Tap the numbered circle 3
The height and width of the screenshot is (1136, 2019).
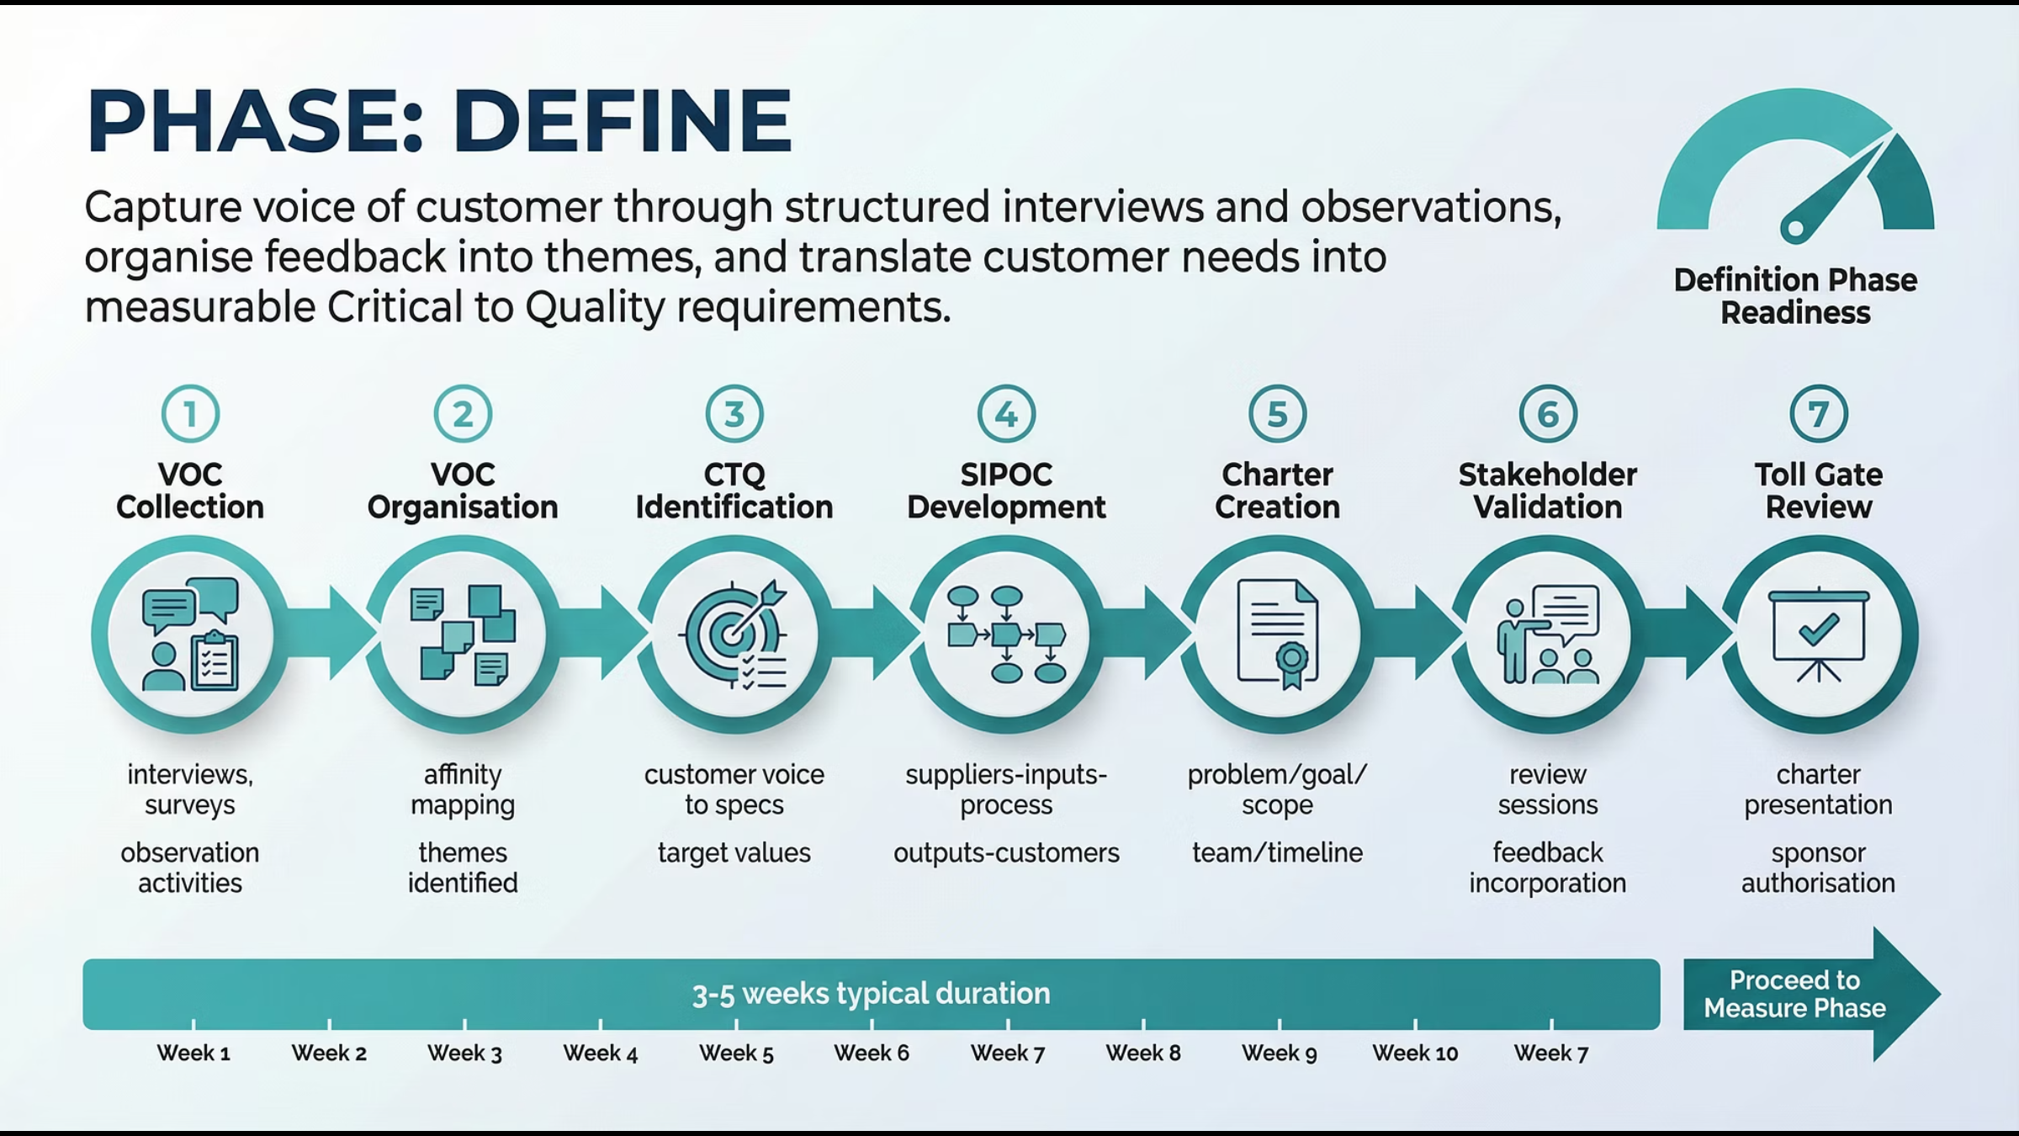click(734, 414)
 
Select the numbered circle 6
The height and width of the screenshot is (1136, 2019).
click(1548, 414)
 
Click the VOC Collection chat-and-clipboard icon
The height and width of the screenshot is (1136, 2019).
click(191, 634)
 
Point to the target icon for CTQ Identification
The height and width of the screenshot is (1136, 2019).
click(734, 634)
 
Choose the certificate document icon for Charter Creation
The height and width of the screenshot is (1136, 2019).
click(1277, 634)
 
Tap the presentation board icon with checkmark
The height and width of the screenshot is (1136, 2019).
click(1819, 634)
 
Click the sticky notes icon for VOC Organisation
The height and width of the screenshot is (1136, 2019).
click(463, 634)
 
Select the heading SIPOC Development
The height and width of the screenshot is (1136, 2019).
click(1006, 491)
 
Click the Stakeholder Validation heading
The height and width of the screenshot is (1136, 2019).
click(1548, 491)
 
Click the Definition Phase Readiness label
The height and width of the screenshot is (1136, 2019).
click(1795, 296)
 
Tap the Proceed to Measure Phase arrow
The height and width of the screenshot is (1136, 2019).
click(1809, 994)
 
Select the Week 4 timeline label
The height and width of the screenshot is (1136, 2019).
click(601, 1053)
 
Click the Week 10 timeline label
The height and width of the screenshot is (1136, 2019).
click(1415, 1053)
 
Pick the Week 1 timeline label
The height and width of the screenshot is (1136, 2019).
click(193, 1053)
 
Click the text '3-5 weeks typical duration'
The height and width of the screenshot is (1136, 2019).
click(871, 994)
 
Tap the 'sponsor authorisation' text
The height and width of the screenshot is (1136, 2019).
click(1818, 868)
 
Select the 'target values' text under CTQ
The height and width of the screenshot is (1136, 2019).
click(734, 852)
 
